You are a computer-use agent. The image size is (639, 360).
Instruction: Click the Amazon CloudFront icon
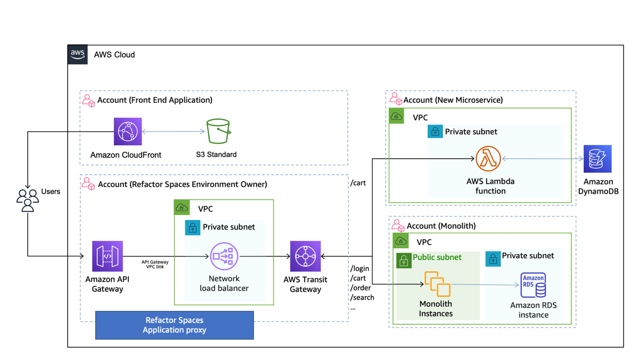128,132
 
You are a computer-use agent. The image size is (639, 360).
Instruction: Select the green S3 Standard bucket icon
218,132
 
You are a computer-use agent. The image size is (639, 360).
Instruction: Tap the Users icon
28,200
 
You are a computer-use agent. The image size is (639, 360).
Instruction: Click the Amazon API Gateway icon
108,256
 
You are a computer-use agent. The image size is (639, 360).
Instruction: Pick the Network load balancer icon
224,257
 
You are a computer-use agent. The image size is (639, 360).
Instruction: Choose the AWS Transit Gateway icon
305,256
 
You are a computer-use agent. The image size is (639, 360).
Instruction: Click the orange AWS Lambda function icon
488,159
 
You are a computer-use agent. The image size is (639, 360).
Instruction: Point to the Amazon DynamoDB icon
597,159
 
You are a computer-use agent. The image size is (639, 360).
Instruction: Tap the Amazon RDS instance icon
533,285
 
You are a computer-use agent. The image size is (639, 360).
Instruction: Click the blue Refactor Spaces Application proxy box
174,325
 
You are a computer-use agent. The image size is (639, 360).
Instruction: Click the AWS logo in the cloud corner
78,54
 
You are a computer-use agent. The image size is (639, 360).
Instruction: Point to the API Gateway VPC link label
155,264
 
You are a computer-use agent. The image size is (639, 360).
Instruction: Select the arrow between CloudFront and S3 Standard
174,132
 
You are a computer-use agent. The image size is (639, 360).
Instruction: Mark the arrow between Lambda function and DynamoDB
542,159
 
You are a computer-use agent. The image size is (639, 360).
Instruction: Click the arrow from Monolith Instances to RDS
485,285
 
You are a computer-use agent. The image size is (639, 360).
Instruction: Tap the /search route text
362,297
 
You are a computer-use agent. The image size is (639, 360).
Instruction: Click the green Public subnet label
437,257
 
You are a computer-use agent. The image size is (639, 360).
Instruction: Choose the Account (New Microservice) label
453,100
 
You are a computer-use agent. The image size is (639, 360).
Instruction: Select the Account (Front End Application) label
154,100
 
